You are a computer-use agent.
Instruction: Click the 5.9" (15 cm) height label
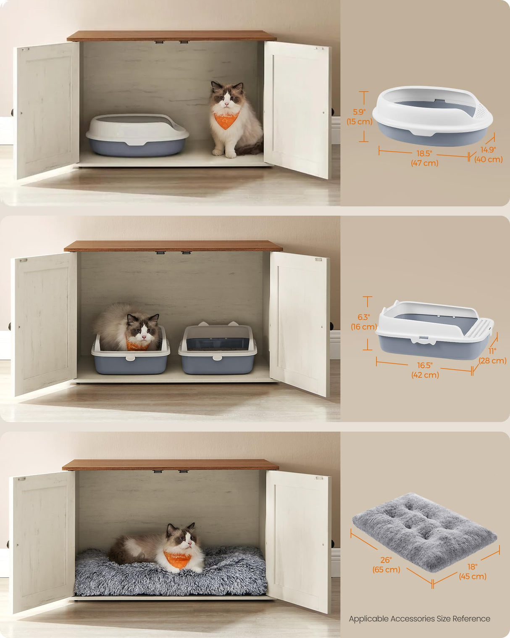pyautogui.click(x=359, y=117)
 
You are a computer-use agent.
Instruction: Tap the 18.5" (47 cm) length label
pyautogui.click(x=424, y=158)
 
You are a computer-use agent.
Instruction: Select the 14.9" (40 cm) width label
pyautogui.click(x=488, y=155)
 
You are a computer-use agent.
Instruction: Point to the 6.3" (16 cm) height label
pyautogui.click(x=363, y=322)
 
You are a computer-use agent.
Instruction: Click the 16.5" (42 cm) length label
pyautogui.click(x=425, y=370)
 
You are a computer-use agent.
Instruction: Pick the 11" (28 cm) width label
pyautogui.click(x=492, y=356)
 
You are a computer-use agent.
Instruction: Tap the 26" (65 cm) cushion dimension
pyautogui.click(x=386, y=565)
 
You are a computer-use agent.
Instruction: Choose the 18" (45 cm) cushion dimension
pyautogui.click(x=473, y=572)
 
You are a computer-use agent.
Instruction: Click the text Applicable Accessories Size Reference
pyautogui.click(x=419, y=619)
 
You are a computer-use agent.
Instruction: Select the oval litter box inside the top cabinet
pyautogui.click(x=137, y=135)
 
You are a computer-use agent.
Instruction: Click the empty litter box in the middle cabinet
pyautogui.click(x=217, y=351)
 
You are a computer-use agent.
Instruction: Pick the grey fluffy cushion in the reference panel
pyautogui.click(x=424, y=532)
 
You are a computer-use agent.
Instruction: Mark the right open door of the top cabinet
pyautogui.click(x=297, y=109)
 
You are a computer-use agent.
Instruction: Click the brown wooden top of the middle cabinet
pyautogui.click(x=173, y=246)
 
